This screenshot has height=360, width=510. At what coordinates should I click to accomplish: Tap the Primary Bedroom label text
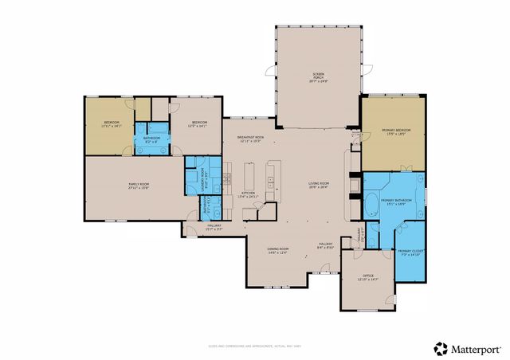click(394, 132)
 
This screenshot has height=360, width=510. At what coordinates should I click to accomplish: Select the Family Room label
click(139, 186)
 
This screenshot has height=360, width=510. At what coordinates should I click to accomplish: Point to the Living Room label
click(319, 186)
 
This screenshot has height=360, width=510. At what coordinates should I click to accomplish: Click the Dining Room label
click(277, 251)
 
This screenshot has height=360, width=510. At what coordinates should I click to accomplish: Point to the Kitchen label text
click(249, 194)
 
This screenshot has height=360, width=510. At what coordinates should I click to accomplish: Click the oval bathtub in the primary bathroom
click(372, 203)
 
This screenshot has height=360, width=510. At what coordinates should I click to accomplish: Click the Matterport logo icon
click(440, 348)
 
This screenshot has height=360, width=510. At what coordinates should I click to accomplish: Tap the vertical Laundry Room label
click(204, 177)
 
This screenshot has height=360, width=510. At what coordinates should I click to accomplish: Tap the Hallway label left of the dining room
click(214, 228)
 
